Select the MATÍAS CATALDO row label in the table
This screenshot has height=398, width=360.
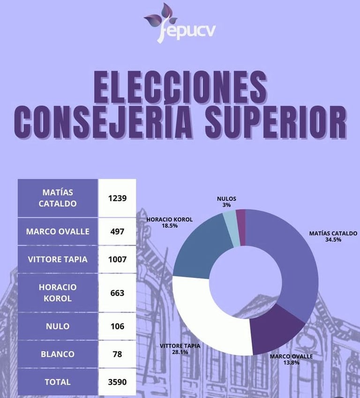tap(58, 198)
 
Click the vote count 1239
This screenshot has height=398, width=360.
tap(117, 198)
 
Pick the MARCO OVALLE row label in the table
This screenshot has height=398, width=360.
tap(58, 231)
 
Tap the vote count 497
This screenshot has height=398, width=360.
tap(117, 231)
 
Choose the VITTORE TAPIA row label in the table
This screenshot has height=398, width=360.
tap(58, 259)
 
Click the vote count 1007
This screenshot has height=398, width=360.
tap(117, 259)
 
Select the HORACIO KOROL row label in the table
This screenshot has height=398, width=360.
tap(58, 292)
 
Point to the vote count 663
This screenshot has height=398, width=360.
tap(117, 292)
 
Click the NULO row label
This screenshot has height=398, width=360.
tap(58, 326)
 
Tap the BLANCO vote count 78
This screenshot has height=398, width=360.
tap(117, 354)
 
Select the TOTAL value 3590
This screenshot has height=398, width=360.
tap(117, 382)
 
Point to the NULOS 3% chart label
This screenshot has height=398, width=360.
tap(226, 202)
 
